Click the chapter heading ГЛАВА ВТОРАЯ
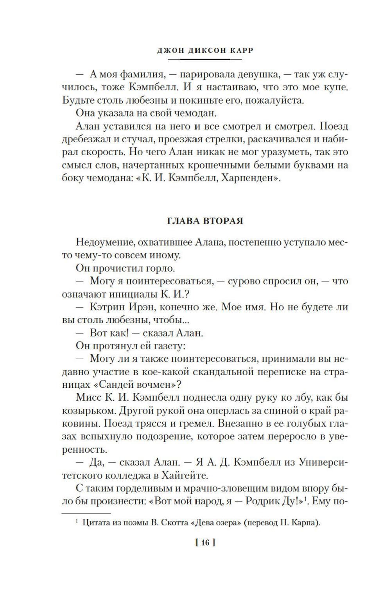(x=205, y=221)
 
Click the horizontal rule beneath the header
(x=205, y=59)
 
